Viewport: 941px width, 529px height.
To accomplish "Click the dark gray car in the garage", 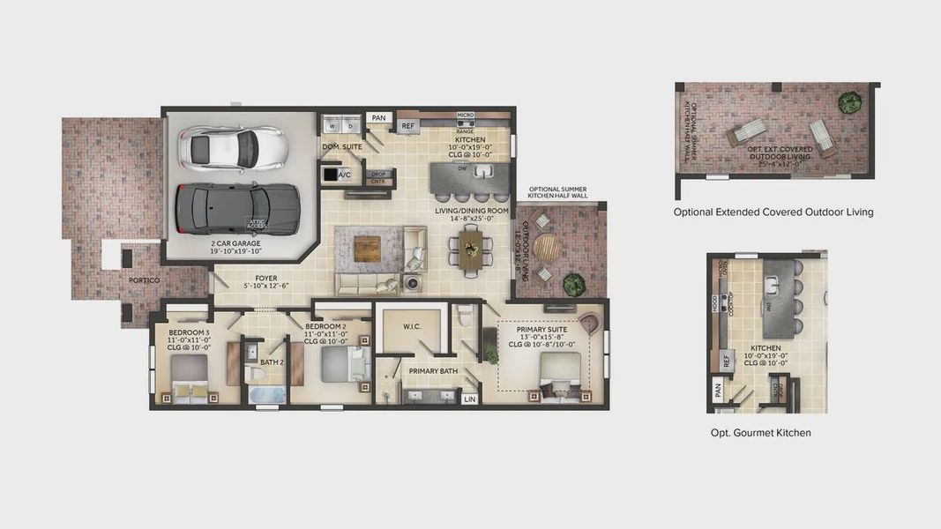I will click(x=237, y=207).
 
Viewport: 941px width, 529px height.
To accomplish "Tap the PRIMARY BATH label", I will click(x=433, y=371).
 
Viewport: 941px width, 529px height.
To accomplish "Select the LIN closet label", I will click(x=469, y=399).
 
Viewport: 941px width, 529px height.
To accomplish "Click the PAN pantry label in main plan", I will click(x=378, y=118).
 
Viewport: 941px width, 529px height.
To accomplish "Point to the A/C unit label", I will click(x=344, y=175).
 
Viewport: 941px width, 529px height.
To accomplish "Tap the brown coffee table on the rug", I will click(x=367, y=249).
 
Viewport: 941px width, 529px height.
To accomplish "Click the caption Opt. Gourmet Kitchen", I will click(x=760, y=433).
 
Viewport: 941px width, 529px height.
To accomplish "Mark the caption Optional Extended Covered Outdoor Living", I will click(x=773, y=212).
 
